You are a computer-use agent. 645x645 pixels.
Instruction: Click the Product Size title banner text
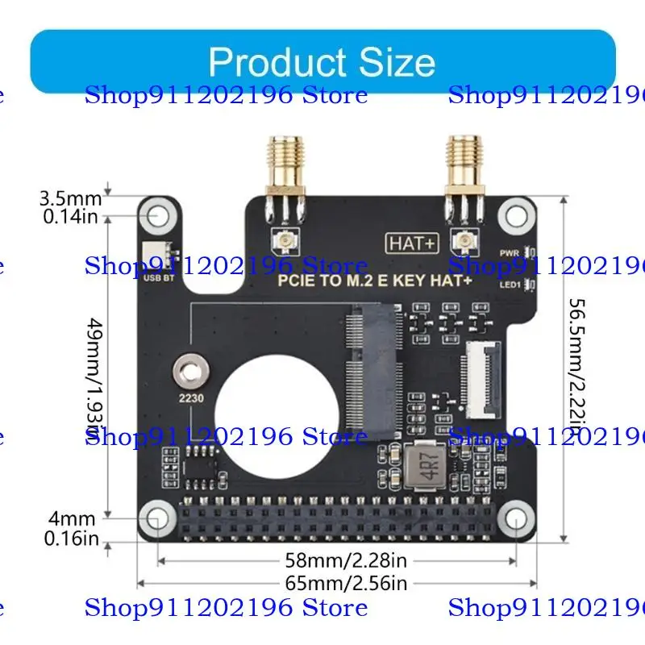coord(322,62)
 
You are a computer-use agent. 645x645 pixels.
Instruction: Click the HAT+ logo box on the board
coord(412,243)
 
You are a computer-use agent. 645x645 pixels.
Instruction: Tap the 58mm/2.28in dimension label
coord(346,559)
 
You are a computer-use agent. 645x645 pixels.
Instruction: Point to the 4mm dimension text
coord(71,518)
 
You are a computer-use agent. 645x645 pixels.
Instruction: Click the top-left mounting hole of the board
coord(158,215)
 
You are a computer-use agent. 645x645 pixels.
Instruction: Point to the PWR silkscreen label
coord(509,253)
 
